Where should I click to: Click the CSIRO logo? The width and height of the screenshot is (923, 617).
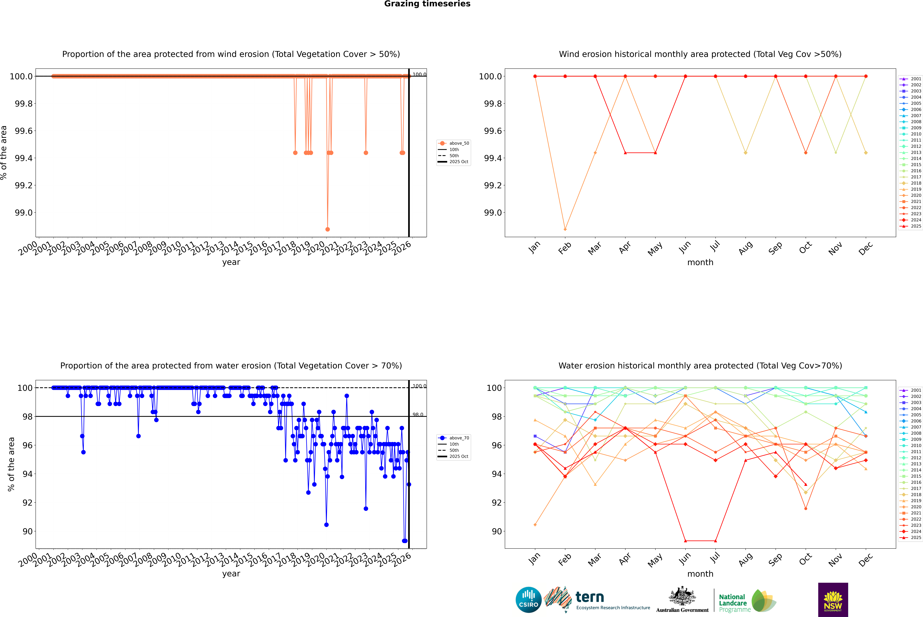[528, 600]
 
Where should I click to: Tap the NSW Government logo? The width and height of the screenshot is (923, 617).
[833, 600]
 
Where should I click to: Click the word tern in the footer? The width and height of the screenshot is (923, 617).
[589, 597]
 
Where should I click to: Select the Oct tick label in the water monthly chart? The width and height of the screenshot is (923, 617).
[805, 559]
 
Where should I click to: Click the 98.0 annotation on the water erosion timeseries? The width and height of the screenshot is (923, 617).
[418, 415]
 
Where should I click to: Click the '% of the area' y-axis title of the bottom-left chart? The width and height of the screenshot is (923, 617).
[11, 464]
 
